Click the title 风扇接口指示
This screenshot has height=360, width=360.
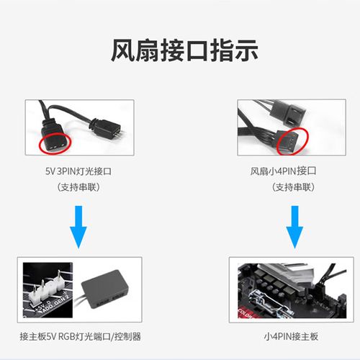pyautogui.click(x=179, y=50)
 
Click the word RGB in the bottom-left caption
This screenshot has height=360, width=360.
pyautogui.click(x=68, y=337)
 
